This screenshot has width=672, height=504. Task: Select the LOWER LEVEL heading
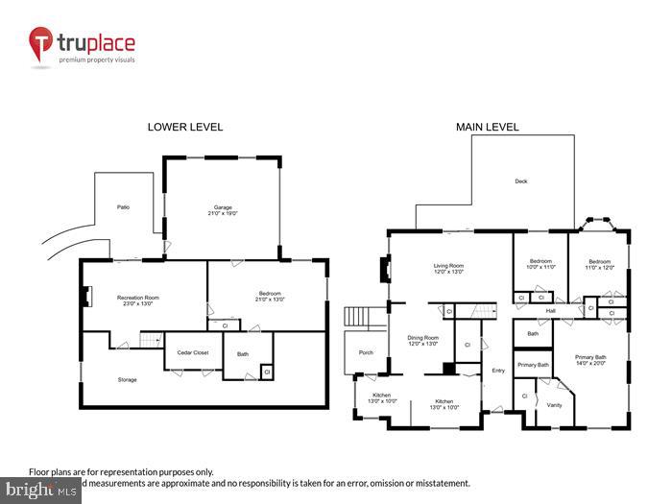click(x=184, y=127)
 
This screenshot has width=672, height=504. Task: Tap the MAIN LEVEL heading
click(x=488, y=127)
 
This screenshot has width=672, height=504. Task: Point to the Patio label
click(x=123, y=206)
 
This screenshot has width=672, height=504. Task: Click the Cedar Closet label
click(x=193, y=352)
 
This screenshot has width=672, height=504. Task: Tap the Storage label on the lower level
click(x=127, y=379)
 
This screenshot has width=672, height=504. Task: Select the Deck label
click(x=521, y=180)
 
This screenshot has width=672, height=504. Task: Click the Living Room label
click(x=448, y=269)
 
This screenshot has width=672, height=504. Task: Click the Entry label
click(x=497, y=371)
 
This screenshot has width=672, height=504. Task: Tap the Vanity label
click(x=554, y=404)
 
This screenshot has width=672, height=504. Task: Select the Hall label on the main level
click(x=550, y=310)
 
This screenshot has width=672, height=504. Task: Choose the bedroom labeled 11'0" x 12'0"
click(x=600, y=264)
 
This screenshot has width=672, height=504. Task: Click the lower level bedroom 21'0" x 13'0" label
click(x=262, y=297)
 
